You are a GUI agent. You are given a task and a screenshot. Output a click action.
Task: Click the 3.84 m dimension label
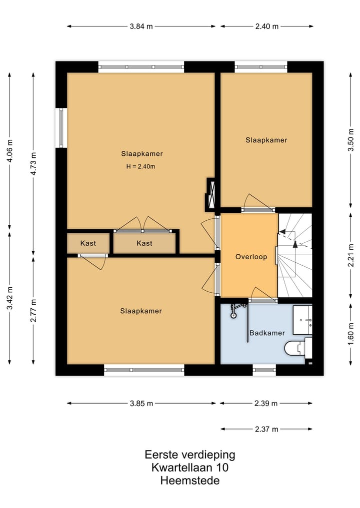[x=141, y=26]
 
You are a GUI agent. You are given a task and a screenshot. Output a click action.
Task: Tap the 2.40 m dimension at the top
[x=266, y=26]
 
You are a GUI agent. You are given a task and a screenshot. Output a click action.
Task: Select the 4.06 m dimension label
[x=9, y=151]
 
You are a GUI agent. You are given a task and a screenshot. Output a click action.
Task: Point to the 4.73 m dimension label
[x=33, y=163]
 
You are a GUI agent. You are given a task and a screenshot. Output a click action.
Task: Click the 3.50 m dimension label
[x=350, y=140]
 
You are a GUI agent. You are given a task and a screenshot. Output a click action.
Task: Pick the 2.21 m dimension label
[x=350, y=255]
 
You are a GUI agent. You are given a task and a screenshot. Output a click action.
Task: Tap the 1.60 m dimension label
[x=350, y=334]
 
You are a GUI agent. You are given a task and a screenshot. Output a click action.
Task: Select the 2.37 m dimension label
[x=266, y=429]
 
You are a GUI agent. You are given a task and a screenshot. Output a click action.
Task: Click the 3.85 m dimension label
[x=141, y=404]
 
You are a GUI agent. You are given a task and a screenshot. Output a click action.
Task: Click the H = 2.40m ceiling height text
[x=141, y=167]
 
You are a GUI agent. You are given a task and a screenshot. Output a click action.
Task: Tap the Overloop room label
[x=251, y=257]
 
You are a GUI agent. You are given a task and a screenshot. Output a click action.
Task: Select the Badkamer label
[x=267, y=333]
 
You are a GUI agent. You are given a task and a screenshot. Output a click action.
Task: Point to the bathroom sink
[x=302, y=320]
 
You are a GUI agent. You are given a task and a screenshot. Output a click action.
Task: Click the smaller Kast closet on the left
[x=88, y=243]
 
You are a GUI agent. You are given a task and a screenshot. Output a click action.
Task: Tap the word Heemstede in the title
[x=190, y=481]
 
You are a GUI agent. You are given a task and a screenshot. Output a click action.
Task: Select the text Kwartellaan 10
[x=190, y=468]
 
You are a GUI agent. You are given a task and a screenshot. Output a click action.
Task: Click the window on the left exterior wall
[x=61, y=128]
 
